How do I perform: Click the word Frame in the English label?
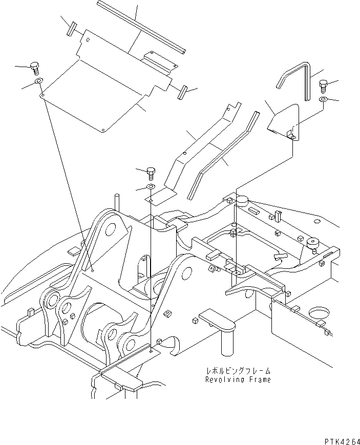coord(258,379)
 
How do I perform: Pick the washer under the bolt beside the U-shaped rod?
coord(323,98)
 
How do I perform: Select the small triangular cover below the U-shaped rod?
coord(284,123)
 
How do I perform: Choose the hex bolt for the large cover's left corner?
coord(35,68)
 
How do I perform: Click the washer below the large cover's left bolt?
coord(38,82)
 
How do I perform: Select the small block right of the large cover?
coord(181,93)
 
